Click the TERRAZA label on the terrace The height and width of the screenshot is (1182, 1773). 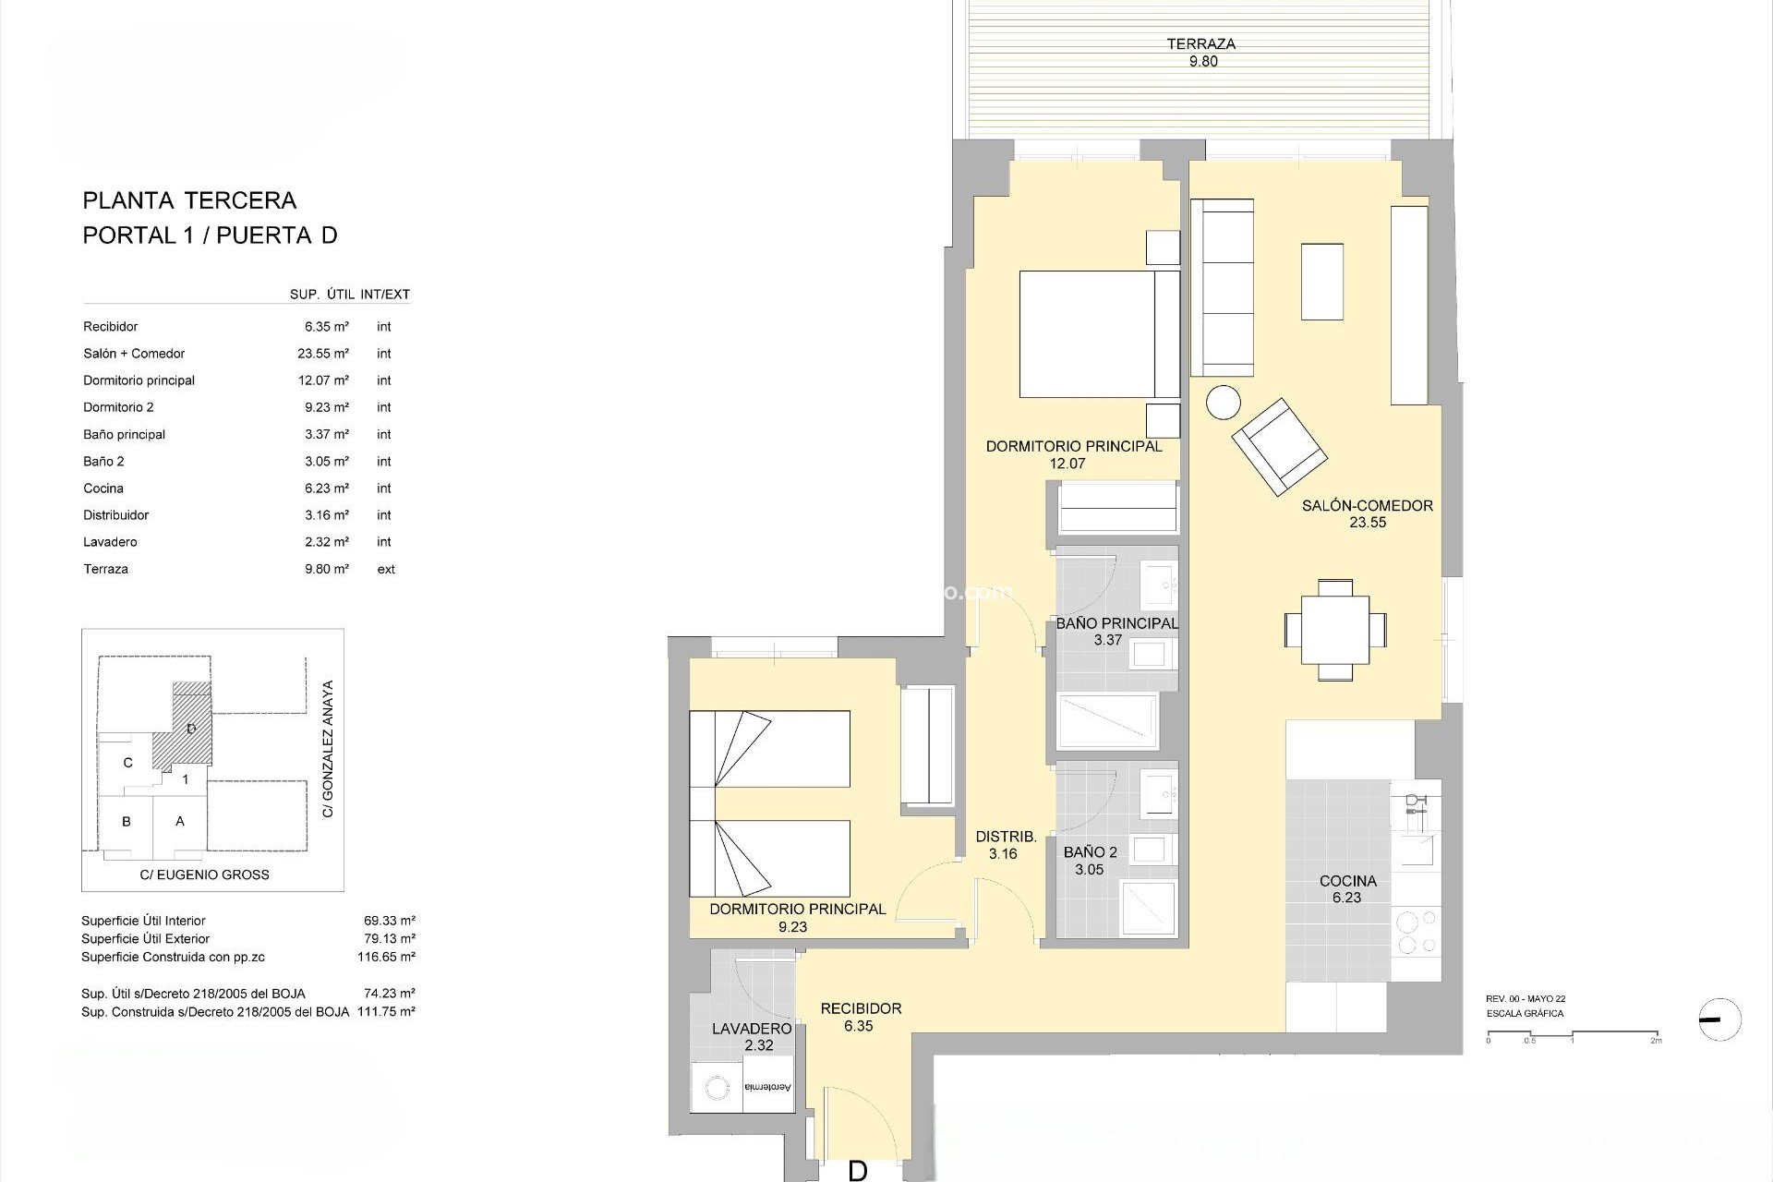[1200, 44]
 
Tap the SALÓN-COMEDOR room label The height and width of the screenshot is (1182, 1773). [1367, 506]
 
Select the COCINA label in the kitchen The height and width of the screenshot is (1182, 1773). [1347, 881]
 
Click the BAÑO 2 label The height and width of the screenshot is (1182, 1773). [1090, 852]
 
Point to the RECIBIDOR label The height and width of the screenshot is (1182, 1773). [861, 1008]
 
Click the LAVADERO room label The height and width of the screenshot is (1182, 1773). [752, 1029]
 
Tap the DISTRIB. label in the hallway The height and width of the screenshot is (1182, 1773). [1006, 838]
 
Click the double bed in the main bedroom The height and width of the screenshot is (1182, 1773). [1099, 333]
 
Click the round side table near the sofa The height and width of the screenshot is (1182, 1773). [1224, 403]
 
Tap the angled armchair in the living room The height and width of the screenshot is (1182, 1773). [1279, 446]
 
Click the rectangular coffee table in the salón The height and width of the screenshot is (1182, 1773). [1321, 282]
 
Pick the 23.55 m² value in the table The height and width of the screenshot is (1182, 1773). [326, 354]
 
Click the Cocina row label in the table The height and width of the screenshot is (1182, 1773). [103, 488]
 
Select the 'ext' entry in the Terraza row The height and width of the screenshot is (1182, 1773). [386, 570]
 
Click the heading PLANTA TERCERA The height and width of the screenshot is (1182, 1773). [189, 200]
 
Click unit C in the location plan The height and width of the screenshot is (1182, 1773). [127, 763]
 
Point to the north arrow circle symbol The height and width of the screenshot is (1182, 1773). [1719, 1020]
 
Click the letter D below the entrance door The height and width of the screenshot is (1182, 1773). [857, 1171]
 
